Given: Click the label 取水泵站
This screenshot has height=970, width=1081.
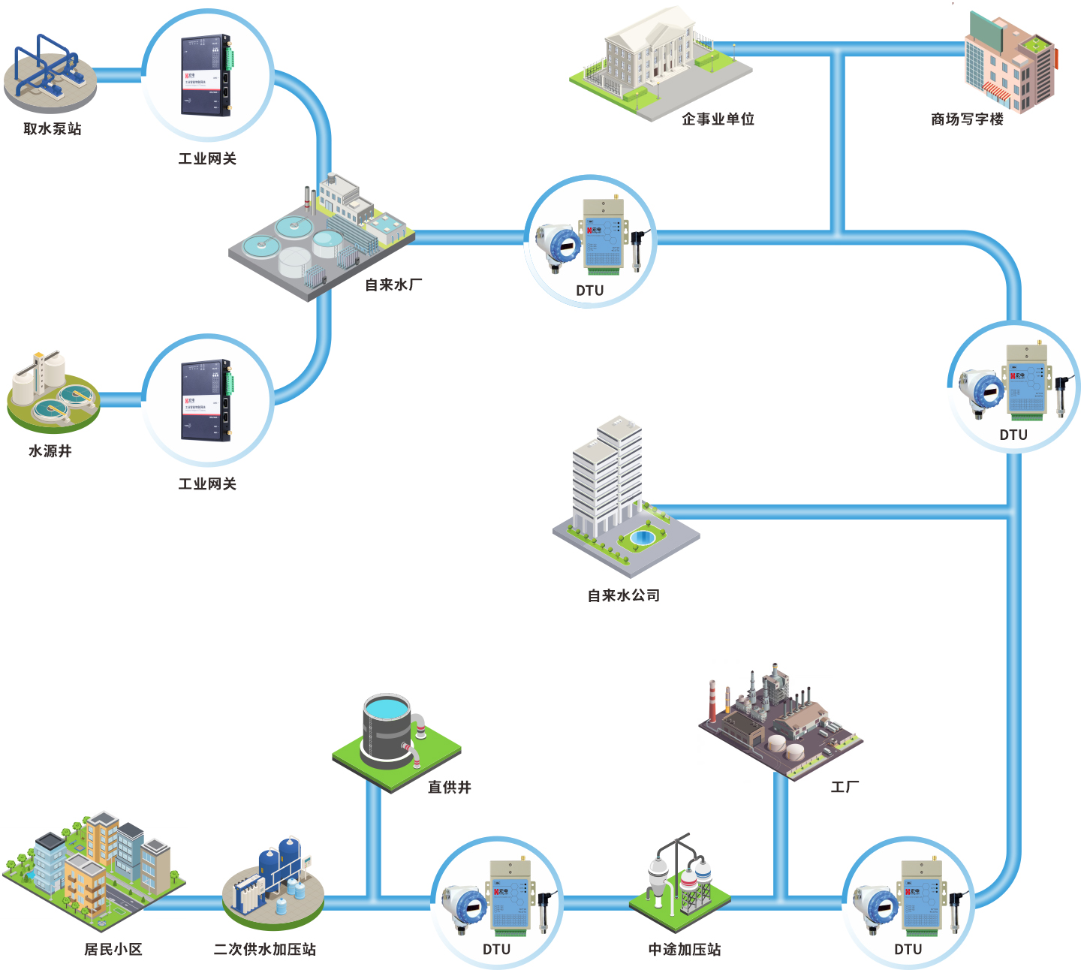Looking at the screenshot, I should [x=52, y=128].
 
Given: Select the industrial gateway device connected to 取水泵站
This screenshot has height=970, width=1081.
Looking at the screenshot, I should [x=206, y=75].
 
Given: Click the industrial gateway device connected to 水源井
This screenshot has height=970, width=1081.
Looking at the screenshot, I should [x=206, y=400].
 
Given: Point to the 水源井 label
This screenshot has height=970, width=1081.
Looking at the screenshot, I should [x=50, y=451].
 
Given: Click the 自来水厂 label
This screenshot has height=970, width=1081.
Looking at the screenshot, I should [x=393, y=285].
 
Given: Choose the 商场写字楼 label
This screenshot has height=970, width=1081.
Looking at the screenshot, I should [x=967, y=119].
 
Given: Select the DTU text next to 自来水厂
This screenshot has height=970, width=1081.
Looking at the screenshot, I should [x=589, y=291].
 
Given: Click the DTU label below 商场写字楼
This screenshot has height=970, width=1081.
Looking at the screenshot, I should [x=1013, y=435].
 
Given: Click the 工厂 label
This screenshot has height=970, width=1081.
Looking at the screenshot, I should [x=845, y=787].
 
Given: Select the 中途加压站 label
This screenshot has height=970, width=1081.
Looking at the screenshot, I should [x=685, y=950].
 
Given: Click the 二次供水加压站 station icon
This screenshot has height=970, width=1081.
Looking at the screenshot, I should [x=274, y=886].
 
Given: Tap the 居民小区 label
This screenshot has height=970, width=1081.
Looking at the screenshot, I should [x=113, y=950].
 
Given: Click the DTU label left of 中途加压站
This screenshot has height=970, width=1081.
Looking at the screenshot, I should [x=496, y=950].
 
